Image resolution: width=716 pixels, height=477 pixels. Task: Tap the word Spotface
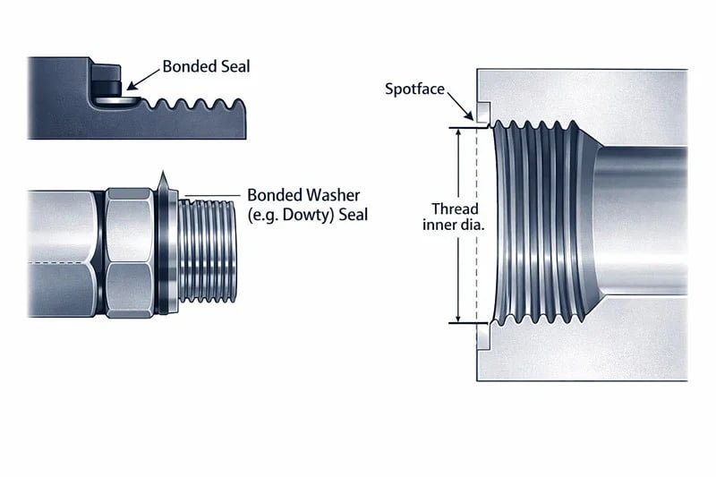point(413,89)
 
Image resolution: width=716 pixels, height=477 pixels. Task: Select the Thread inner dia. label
point(454,217)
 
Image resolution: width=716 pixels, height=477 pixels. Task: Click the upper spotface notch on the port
point(482,114)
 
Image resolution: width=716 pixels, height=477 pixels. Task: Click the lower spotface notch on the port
point(482,336)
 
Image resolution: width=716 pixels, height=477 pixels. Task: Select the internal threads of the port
point(537,224)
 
